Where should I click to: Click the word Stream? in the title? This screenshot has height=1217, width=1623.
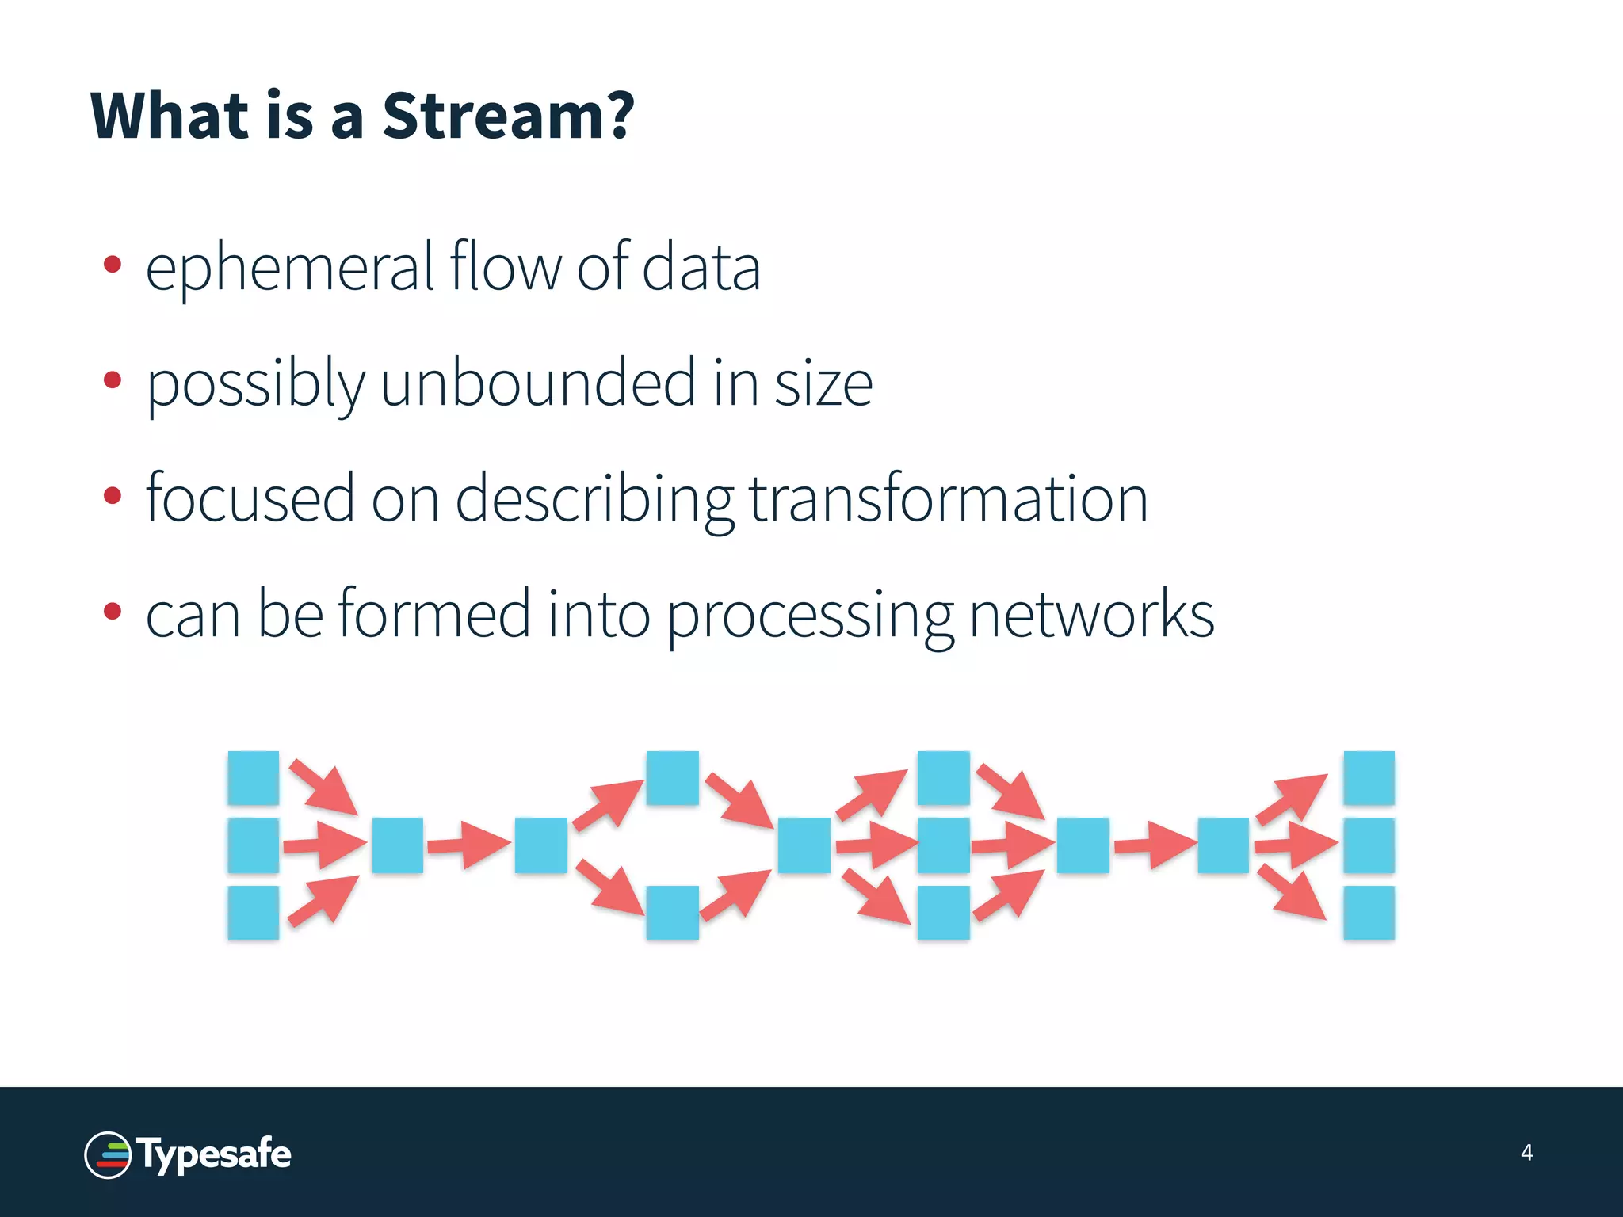[x=507, y=116]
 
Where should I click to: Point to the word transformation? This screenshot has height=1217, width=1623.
[x=948, y=499]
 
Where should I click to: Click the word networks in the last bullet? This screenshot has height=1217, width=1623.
[x=1091, y=615]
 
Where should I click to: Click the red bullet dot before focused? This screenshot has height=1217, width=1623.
[x=113, y=496]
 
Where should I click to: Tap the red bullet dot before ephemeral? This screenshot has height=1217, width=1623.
[x=113, y=265]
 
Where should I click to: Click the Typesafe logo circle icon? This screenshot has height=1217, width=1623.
[x=108, y=1155]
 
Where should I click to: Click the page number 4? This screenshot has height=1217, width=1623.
[x=1526, y=1152]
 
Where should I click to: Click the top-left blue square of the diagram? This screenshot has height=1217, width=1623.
[x=253, y=777]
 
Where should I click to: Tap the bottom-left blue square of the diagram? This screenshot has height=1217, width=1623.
[x=253, y=912]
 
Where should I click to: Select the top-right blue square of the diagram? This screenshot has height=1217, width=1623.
[x=1369, y=777]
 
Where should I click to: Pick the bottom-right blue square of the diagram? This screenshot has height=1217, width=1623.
[x=1369, y=912]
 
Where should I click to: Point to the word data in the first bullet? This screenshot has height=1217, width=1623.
[x=701, y=268]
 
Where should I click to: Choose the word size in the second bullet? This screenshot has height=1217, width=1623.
[x=823, y=383]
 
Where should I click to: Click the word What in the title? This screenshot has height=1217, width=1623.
[x=169, y=116]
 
